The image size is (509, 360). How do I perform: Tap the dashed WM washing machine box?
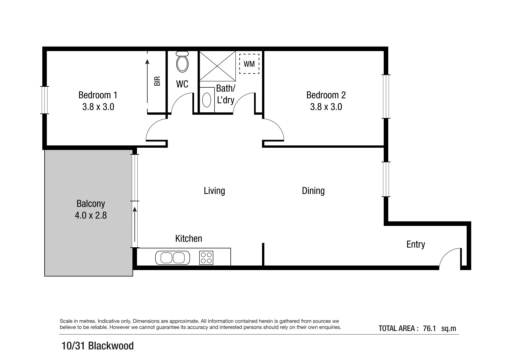pos(249,64)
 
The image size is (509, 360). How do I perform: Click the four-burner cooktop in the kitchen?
pos(206,258)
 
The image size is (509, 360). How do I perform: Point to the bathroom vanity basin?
pos(207,100)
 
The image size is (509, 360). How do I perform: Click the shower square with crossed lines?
pos(217,66)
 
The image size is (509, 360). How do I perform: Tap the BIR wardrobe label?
pos(157,81)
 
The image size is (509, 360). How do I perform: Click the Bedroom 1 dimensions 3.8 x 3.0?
pos(98,107)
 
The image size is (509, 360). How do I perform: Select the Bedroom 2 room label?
pos(326,95)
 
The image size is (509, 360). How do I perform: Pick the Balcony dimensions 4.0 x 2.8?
pos(91,215)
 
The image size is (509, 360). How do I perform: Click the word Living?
pos(214,191)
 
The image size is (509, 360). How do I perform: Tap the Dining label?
pos(313,191)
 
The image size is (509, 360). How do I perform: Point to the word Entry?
pos(415,244)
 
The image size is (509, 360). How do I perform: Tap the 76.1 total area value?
pos(429,328)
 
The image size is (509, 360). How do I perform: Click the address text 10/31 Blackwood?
pos(98,346)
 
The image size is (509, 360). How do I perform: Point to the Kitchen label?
pos(189,238)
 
